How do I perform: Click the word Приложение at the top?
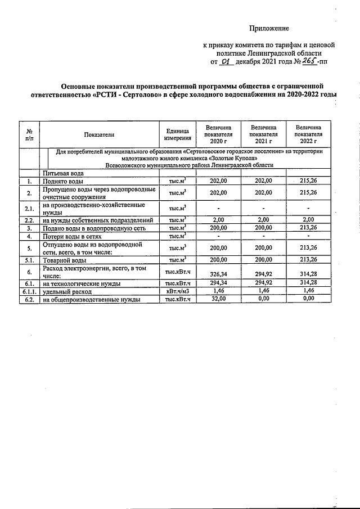coord(269,28)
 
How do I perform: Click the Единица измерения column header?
coord(177,134)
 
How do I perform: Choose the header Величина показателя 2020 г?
coord(218,134)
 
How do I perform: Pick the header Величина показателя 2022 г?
coord(308,134)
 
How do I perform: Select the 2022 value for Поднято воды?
coord(308,181)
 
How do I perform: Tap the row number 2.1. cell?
coord(29,209)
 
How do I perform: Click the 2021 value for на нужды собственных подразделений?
coord(263,220)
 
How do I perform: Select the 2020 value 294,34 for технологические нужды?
coord(218,283)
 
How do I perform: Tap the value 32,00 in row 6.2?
coord(218,300)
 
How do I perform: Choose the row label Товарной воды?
coord(65,260)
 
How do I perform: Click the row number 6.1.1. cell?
coord(29,292)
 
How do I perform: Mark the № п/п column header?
coord(29,134)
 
